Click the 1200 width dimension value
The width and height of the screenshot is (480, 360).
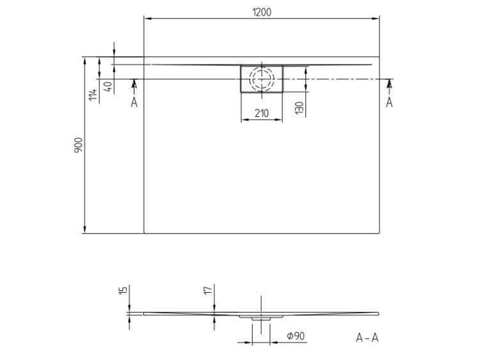tap(262, 12)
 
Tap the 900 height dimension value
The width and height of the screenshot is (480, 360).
tap(78, 145)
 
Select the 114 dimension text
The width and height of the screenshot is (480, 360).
tap(93, 95)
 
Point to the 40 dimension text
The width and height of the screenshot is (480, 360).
tap(108, 87)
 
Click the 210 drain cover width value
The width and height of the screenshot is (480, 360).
tap(262, 113)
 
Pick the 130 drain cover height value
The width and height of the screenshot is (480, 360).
tap(300, 108)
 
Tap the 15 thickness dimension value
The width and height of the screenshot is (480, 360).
tap(123, 291)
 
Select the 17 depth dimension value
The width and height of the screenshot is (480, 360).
tap(208, 290)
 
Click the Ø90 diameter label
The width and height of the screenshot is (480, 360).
tap(296, 336)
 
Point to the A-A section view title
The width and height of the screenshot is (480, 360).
tap(367, 338)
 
